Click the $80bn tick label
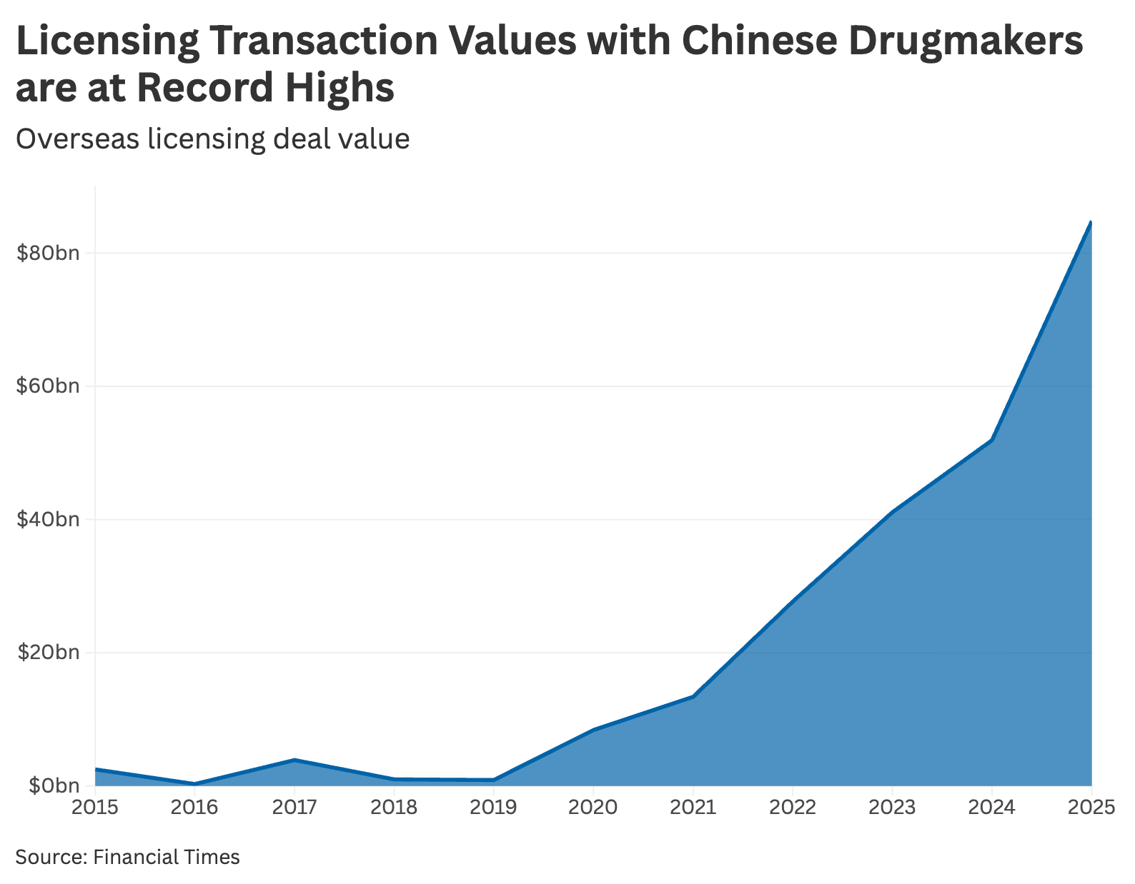pyautogui.click(x=48, y=253)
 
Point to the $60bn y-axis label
pyautogui.click(x=48, y=386)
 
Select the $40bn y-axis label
pyautogui.click(x=48, y=519)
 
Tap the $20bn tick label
pyautogui.click(x=48, y=653)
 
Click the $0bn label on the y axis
pyautogui.click(x=53, y=785)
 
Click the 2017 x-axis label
pyautogui.click(x=294, y=808)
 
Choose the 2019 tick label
pyautogui.click(x=493, y=808)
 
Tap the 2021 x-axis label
pyautogui.click(x=693, y=808)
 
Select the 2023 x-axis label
pyautogui.click(x=892, y=808)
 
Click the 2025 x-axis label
pyautogui.click(x=1090, y=808)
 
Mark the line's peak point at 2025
pyautogui.click(x=1091, y=222)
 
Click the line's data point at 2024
pyautogui.click(x=992, y=440)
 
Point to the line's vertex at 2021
pyautogui.click(x=693, y=696)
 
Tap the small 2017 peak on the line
pyautogui.click(x=294, y=760)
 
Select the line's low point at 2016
pyautogui.click(x=194, y=783)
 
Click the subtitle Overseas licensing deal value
pyautogui.click(x=212, y=139)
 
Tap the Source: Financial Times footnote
pyautogui.click(x=127, y=856)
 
